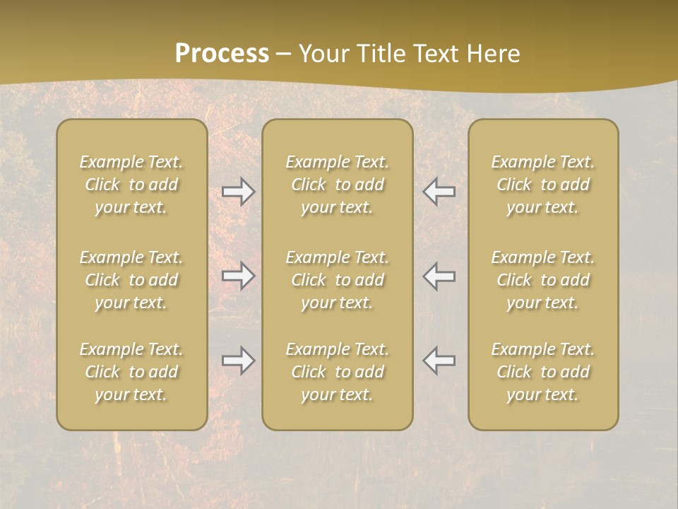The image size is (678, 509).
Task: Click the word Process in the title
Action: [x=222, y=54]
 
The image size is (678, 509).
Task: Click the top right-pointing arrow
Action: [x=239, y=192]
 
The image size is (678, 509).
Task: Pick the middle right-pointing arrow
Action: [x=239, y=276]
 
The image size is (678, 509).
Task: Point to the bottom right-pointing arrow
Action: [x=239, y=361]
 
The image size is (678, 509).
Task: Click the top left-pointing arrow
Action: [x=439, y=192]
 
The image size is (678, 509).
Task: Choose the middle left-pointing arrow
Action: [x=439, y=276]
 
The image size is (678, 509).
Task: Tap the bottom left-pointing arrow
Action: [x=439, y=361]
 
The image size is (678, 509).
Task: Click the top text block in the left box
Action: [x=131, y=185]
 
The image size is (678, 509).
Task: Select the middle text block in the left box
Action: [x=131, y=280]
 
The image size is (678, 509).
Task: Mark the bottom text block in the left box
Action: [x=131, y=372]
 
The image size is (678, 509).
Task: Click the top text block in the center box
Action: [x=338, y=185]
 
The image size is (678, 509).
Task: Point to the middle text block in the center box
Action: [x=338, y=280]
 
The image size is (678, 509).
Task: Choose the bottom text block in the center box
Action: [x=338, y=372]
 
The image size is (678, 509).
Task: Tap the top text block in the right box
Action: [x=543, y=185]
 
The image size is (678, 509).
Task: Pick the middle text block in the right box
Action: [x=543, y=280]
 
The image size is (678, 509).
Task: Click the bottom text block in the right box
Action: [x=543, y=372]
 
